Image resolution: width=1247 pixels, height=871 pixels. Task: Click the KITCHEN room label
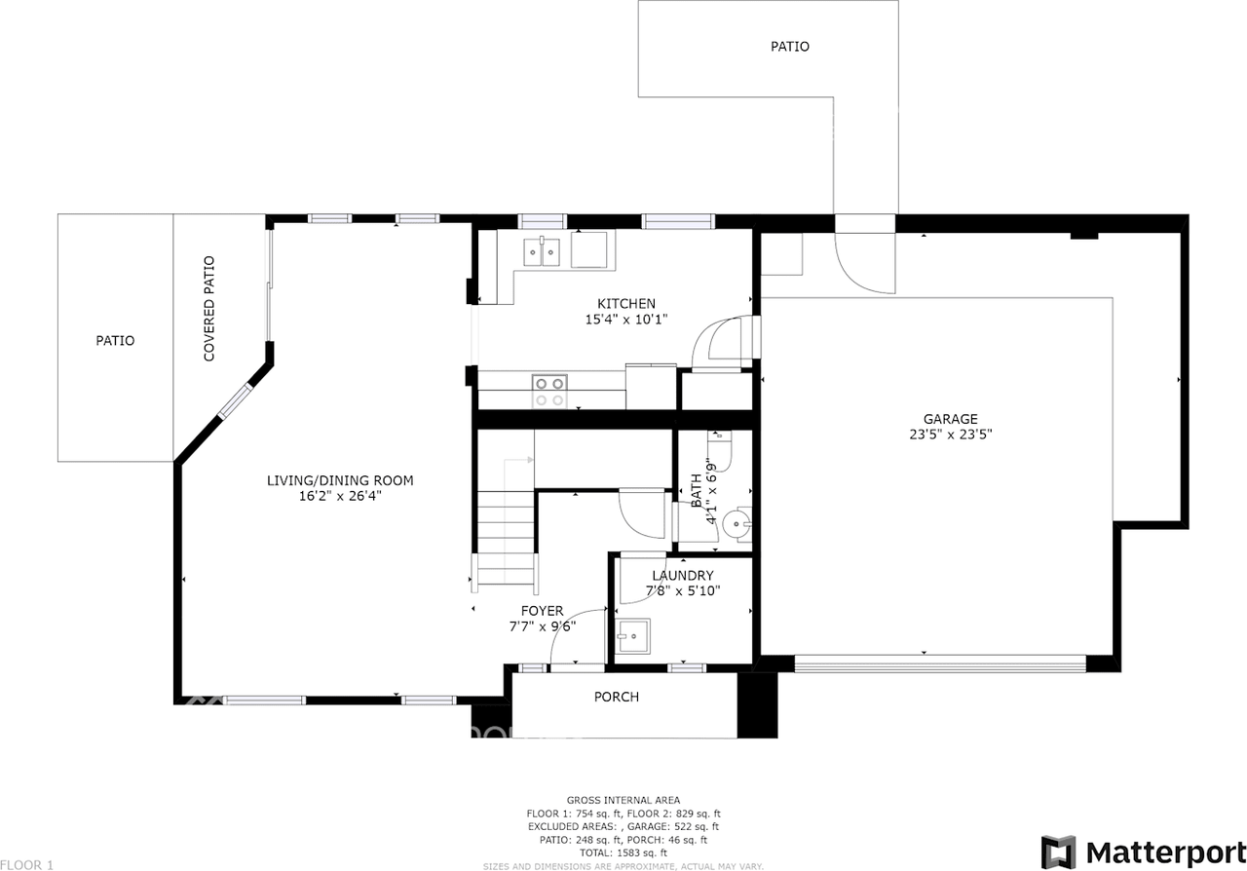pyautogui.click(x=625, y=303)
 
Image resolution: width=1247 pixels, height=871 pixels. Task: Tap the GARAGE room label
pyautogui.click(x=950, y=419)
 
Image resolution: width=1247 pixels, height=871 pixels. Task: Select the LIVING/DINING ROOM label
pyautogui.click(x=340, y=480)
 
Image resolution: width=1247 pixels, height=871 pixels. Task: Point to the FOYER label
pyautogui.click(x=542, y=611)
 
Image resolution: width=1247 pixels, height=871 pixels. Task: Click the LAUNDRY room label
pyautogui.click(x=682, y=575)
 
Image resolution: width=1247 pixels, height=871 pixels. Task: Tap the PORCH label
pyautogui.click(x=617, y=697)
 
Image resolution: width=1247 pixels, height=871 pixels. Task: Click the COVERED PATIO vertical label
pyautogui.click(x=208, y=309)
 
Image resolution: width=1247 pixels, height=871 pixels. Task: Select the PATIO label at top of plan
pyautogui.click(x=789, y=46)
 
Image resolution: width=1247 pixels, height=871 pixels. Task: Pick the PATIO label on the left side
pyautogui.click(x=115, y=341)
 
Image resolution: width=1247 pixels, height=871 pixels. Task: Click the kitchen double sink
pyautogui.click(x=542, y=253)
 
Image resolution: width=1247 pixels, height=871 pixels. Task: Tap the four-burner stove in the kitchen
pyautogui.click(x=549, y=392)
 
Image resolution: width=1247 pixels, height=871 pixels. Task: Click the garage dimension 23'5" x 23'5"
pyautogui.click(x=950, y=435)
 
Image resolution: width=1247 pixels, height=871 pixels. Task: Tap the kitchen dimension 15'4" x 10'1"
pyautogui.click(x=625, y=319)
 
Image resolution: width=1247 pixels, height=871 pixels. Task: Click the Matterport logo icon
pyautogui.click(x=1058, y=851)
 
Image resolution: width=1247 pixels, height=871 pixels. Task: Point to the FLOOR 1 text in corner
pyautogui.click(x=27, y=864)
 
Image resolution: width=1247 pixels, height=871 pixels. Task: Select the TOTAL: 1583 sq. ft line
pyautogui.click(x=623, y=852)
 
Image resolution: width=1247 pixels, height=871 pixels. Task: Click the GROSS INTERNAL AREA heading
pyautogui.click(x=623, y=800)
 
